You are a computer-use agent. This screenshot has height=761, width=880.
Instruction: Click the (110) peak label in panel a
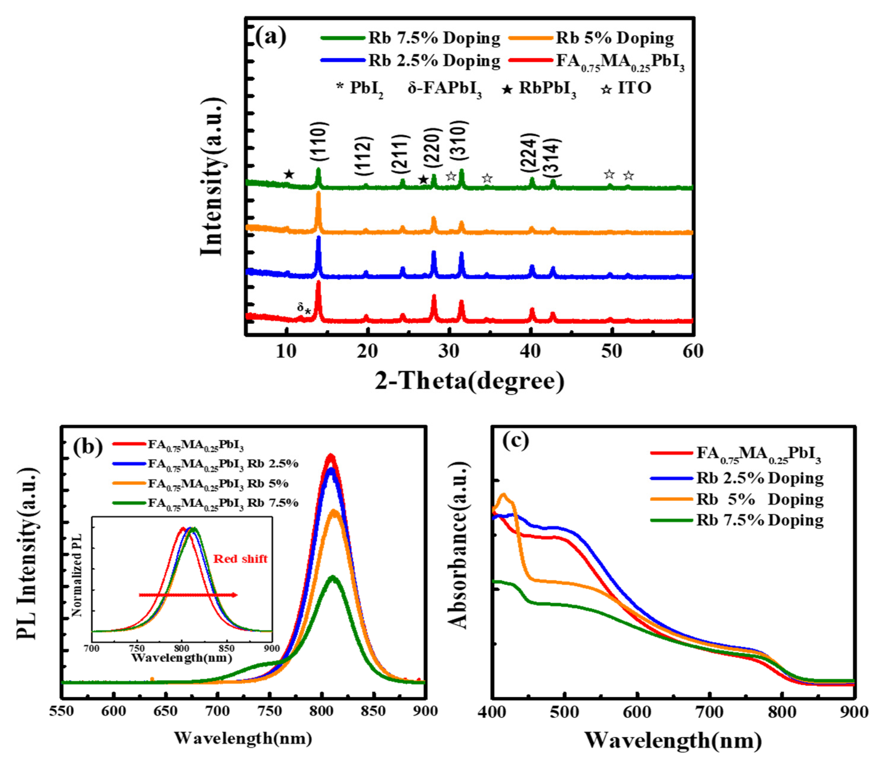click(319, 141)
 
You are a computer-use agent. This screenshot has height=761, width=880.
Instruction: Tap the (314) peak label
click(554, 158)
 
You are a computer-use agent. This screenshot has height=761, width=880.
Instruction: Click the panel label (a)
click(271, 37)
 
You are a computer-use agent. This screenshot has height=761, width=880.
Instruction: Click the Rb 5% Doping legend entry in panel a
click(614, 38)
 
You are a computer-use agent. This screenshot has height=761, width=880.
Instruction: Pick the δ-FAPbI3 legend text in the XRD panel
click(444, 88)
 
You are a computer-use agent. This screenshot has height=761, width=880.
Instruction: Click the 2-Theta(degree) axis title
click(469, 380)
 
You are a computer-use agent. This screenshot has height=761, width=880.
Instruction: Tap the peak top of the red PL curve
click(331, 456)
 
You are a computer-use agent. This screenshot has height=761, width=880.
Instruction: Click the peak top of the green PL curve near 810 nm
click(333, 577)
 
